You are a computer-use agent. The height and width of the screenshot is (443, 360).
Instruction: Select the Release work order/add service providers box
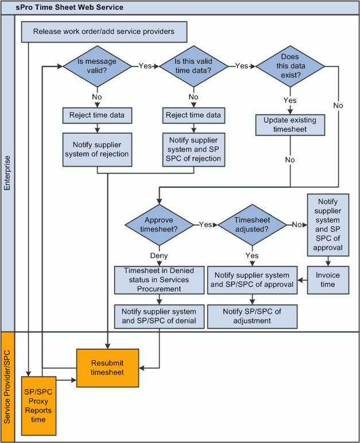(104, 32)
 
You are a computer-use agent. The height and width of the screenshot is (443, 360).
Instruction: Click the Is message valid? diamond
(97, 66)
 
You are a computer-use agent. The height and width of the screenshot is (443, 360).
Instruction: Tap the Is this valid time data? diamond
(193, 66)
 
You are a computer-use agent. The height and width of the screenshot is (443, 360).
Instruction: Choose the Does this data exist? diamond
(290, 66)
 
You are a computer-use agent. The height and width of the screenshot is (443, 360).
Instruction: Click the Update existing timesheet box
(290, 125)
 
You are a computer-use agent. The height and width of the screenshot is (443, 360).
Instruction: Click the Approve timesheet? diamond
(158, 224)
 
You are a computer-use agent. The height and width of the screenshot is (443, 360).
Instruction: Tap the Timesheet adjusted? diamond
(252, 224)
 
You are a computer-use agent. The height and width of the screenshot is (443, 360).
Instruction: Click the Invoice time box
(327, 280)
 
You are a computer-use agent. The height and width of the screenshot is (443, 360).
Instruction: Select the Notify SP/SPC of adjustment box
(252, 317)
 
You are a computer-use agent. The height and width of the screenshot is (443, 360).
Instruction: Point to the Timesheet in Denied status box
(159, 280)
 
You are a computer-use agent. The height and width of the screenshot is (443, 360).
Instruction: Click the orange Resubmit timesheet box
(108, 368)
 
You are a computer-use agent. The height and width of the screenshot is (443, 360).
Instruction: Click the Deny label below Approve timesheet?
(158, 256)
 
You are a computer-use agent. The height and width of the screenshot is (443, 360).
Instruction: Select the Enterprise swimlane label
(7, 172)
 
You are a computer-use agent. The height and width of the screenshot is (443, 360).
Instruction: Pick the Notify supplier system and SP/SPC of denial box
(159, 317)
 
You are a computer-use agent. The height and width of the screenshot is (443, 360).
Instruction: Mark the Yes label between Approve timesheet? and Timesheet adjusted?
(205, 225)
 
